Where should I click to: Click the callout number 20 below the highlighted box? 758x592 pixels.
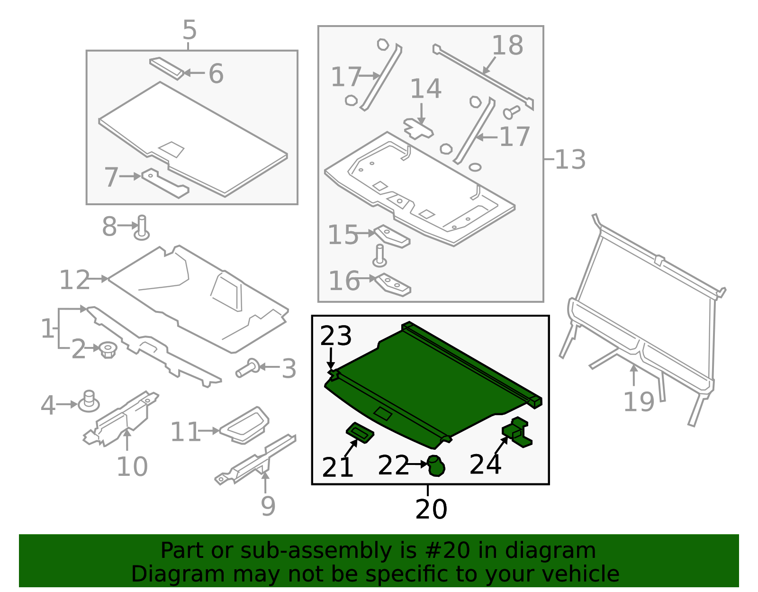tap(431, 509)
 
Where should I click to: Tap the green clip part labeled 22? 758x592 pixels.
tap(436, 465)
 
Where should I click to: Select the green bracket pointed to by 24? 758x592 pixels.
tap(517, 431)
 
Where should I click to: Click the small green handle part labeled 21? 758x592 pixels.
tap(360, 433)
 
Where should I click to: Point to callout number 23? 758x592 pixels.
tap(335, 336)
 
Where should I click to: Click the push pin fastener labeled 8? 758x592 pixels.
tap(142, 228)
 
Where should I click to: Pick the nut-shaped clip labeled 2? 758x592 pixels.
tap(108, 349)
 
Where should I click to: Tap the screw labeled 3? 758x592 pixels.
tap(248, 368)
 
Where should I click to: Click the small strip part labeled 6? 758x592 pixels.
tap(166, 69)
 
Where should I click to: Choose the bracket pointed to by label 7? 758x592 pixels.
tap(165, 183)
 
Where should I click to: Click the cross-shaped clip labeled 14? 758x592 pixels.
tap(418, 129)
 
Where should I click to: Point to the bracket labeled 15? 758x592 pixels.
tap(392, 236)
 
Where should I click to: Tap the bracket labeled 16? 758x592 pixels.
tap(393, 285)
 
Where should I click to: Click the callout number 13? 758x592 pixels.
tap(570, 159)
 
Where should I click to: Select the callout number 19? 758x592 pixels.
tap(638, 402)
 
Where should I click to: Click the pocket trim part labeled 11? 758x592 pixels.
tap(244, 425)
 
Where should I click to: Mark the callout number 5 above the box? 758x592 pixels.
tap(189, 30)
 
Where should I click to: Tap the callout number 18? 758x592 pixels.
tap(507, 45)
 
